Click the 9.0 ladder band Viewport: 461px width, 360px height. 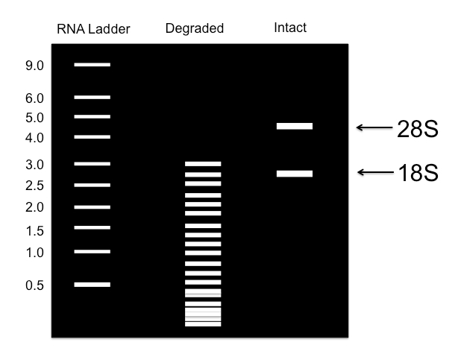[x=92, y=65]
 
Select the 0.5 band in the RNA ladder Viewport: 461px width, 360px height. [x=92, y=284]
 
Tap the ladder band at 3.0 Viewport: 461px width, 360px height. [x=92, y=163]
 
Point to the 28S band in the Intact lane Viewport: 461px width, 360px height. [x=294, y=126]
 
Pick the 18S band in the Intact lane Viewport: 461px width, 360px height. [x=294, y=174]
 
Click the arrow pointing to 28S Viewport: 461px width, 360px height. [x=374, y=127]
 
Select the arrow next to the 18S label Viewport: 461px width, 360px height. [x=374, y=173]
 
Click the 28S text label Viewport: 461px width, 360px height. [x=416, y=127]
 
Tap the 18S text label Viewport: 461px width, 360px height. [x=416, y=173]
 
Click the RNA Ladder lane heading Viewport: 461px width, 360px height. [x=93, y=30]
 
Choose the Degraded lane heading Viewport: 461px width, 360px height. [x=195, y=29]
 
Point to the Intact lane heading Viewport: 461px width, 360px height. [x=289, y=28]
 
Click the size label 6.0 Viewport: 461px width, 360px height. [x=35, y=98]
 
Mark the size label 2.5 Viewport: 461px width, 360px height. [x=35, y=185]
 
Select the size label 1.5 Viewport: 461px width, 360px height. [x=35, y=230]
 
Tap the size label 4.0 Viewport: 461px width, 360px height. [x=35, y=138]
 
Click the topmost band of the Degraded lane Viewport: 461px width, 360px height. [x=203, y=163]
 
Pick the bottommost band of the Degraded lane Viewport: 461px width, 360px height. [x=203, y=323]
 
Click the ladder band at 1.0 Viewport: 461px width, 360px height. [x=92, y=251]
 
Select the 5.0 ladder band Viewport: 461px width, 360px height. [x=92, y=116]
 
